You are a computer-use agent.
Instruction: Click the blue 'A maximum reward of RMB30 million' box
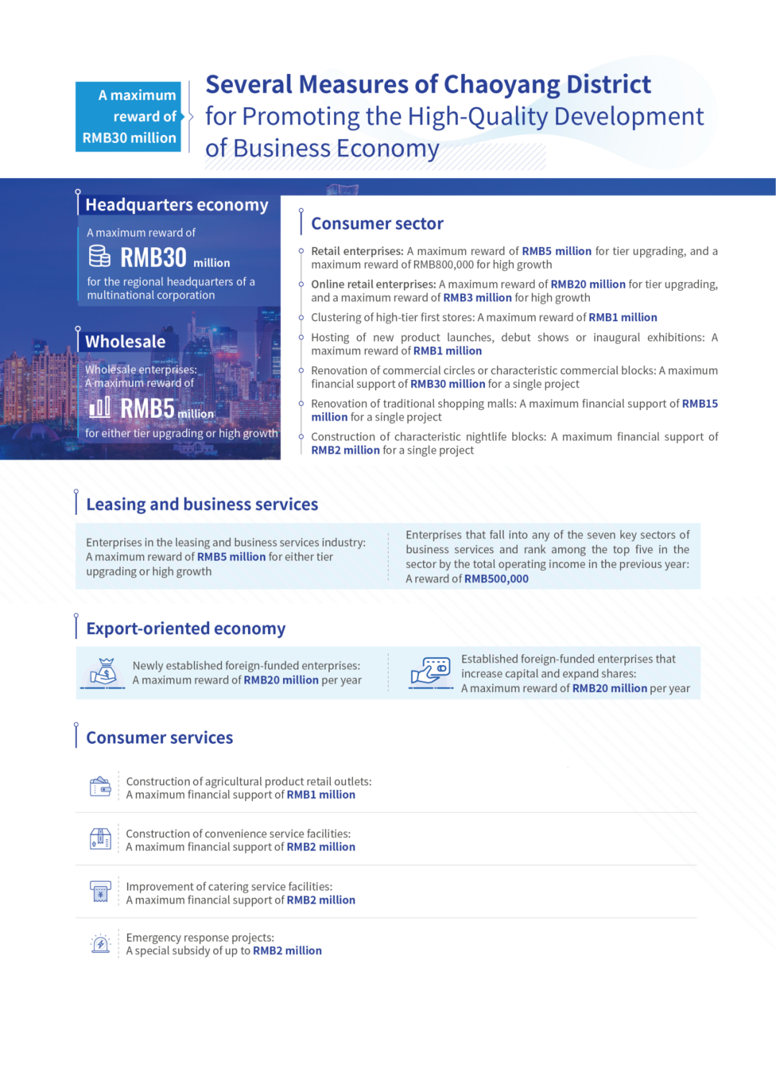point(129,116)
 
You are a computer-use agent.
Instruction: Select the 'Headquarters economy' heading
point(177,205)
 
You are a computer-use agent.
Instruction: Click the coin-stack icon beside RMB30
point(100,256)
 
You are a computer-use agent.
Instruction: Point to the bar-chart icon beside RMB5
point(100,408)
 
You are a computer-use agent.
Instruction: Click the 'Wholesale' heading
point(126,342)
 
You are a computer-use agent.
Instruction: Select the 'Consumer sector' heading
point(377,224)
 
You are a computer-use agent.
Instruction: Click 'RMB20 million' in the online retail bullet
point(588,284)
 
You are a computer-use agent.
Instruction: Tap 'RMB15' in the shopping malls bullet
point(700,404)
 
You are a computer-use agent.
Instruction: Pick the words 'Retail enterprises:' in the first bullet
point(357,251)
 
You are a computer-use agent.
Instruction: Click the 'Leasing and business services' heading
point(202,505)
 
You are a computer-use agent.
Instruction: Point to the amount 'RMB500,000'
point(496,579)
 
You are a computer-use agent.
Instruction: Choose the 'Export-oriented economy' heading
point(186,629)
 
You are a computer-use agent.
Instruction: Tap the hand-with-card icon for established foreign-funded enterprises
point(430,672)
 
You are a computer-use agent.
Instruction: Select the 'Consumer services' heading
point(160,738)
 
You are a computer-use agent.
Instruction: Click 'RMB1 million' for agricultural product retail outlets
point(321,795)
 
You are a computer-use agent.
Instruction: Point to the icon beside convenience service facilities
point(101,839)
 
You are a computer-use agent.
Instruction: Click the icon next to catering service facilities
point(101,892)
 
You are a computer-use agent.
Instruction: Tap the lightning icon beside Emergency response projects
point(101,944)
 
